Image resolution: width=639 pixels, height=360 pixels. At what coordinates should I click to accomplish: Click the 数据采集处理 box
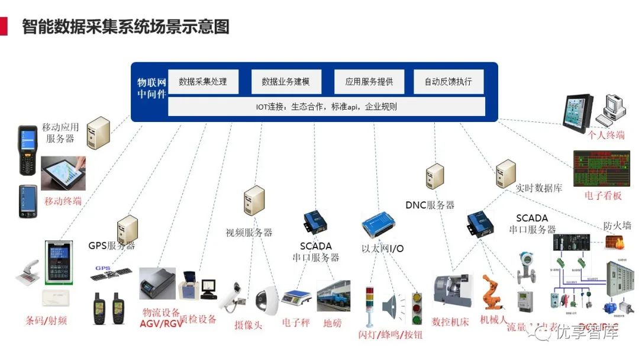tap(203, 82)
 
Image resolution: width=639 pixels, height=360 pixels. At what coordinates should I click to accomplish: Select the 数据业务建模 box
tap(286, 82)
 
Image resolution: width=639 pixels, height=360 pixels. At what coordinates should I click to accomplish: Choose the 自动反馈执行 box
tap(448, 82)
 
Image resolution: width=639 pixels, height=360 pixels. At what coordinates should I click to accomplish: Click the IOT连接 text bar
tap(327, 107)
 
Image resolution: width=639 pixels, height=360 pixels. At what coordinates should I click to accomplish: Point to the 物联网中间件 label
tap(151, 88)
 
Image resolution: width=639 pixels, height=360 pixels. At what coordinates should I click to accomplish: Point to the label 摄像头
tap(248, 325)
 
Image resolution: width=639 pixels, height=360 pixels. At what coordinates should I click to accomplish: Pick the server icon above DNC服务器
tap(435, 176)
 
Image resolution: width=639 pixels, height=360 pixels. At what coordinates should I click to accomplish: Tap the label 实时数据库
tap(538, 188)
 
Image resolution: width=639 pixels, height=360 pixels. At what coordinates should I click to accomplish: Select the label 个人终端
tap(606, 135)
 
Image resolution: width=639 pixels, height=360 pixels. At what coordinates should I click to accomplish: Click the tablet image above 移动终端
tap(63, 172)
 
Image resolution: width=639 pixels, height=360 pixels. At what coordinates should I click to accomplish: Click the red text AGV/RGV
tap(161, 324)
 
